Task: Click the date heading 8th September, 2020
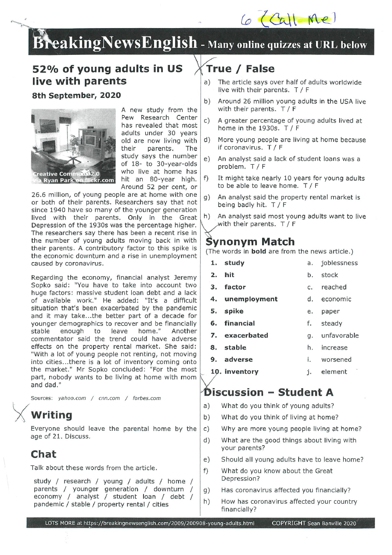(x=76, y=95)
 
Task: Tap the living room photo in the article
(x=73, y=147)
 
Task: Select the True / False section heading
(x=240, y=69)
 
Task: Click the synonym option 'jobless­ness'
(x=339, y=263)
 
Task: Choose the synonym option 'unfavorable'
(x=340, y=335)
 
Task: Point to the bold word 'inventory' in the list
(x=241, y=371)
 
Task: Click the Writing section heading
(x=51, y=415)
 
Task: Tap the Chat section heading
(x=43, y=454)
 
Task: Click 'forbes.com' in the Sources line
(x=147, y=398)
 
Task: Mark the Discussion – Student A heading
(x=269, y=392)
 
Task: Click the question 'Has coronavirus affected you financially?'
(x=286, y=490)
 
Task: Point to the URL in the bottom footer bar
(x=150, y=523)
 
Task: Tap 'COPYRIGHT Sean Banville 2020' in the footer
(x=314, y=523)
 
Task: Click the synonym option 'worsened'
(x=336, y=360)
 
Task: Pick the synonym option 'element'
(x=334, y=371)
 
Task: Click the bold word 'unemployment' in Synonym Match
(x=251, y=299)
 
